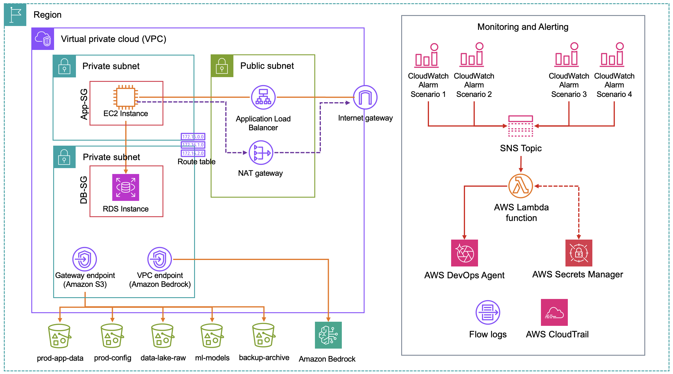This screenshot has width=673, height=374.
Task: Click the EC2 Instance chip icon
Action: coord(126,97)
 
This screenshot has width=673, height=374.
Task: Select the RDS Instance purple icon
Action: coord(126,187)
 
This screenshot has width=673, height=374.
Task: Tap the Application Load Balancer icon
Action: coord(263,97)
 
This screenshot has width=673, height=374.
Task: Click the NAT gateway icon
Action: coord(261,153)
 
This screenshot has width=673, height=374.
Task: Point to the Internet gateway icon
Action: coord(365,97)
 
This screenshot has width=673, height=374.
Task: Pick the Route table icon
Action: coord(193,145)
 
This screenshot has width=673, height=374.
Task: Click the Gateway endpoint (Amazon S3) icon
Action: coord(84,259)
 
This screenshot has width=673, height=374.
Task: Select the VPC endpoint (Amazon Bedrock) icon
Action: coord(160,259)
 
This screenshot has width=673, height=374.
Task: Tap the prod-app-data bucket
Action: coord(59,336)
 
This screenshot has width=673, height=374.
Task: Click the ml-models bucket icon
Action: coord(212,336)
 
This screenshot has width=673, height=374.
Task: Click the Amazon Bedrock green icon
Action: coord(328,335)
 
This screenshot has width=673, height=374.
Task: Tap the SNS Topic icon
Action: coord(521,126)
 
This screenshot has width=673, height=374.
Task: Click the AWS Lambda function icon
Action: coord(521,186)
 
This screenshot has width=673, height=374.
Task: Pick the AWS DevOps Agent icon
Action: coord(464,253)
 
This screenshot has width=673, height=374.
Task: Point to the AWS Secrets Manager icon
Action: coord(578,253)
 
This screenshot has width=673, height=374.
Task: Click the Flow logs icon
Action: coord(488,312)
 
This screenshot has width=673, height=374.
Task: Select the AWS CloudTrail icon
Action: coord(554,312)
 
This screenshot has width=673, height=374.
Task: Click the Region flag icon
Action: coord(15,15)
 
